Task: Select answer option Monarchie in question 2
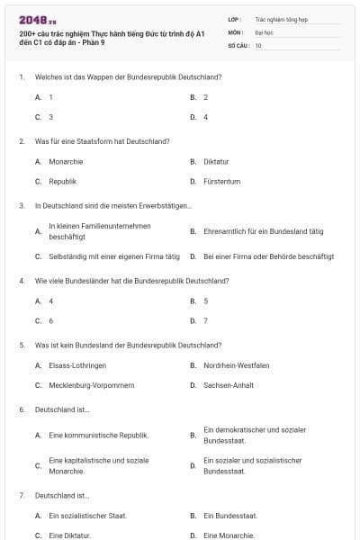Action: [66, 162]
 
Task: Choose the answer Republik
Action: [62, 182]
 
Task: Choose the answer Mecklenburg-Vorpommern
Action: [92, 385]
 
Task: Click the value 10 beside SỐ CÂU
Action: [258, 45]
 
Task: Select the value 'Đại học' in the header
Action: [264, 31]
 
